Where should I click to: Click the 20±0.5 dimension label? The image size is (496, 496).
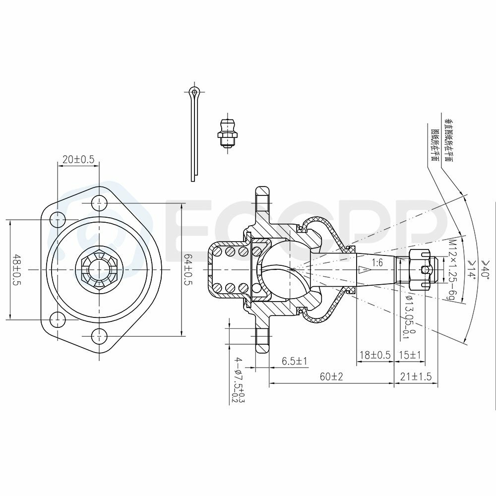coord(78,159)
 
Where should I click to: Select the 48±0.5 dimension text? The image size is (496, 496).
coord(17,270)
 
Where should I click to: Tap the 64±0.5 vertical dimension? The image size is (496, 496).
coord(188,270)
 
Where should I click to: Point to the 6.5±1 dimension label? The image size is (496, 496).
coord(295,361)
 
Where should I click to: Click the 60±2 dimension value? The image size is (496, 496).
coord(331,377)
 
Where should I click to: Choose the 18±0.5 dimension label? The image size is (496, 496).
coord(374,355)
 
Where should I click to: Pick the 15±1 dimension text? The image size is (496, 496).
coord(410,355)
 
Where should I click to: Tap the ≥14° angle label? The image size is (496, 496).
coord(471,270)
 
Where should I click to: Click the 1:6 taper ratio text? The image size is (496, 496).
coord(377,263)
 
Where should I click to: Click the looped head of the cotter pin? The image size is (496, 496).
coord(194,92)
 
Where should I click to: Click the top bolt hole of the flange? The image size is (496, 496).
coord(99,202)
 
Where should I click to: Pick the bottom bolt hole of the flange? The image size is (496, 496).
coord(99,336)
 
